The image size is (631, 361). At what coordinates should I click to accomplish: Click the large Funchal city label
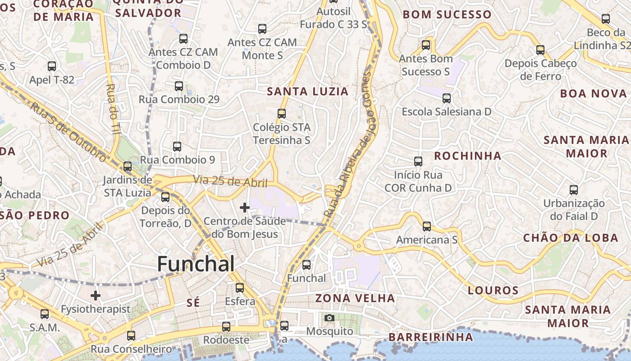pos(196,264)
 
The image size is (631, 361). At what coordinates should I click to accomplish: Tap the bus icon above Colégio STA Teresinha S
pos(282,114)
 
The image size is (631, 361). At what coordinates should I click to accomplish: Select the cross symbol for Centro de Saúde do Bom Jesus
pos(245,208)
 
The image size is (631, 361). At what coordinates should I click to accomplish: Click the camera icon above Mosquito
pos(329,318)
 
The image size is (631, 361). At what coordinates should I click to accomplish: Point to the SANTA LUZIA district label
pos(308,92)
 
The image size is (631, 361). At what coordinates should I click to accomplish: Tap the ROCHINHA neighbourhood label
pos(468,156)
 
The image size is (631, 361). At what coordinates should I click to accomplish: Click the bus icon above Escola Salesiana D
pos(447,98)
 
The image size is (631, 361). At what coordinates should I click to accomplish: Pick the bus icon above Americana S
pos(427,226)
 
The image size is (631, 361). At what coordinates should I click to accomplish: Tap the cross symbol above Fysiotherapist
pos(96,296)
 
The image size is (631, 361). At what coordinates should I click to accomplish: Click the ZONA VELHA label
pos(355,298)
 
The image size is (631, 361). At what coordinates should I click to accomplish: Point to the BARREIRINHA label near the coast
pos(431,337)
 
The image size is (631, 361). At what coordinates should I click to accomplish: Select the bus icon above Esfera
pos(240,287)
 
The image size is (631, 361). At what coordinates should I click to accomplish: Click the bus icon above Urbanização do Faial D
pos(574,190)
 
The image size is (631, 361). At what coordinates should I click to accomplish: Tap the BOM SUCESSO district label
pos(447,14)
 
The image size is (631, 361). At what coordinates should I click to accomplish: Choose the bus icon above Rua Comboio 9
pos(177,147)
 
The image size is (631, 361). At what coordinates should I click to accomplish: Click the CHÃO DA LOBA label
pos(571,238)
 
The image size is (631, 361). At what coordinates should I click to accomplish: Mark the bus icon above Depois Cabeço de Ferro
pos(540,50)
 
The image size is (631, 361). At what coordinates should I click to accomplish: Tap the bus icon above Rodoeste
pos(226,326)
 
